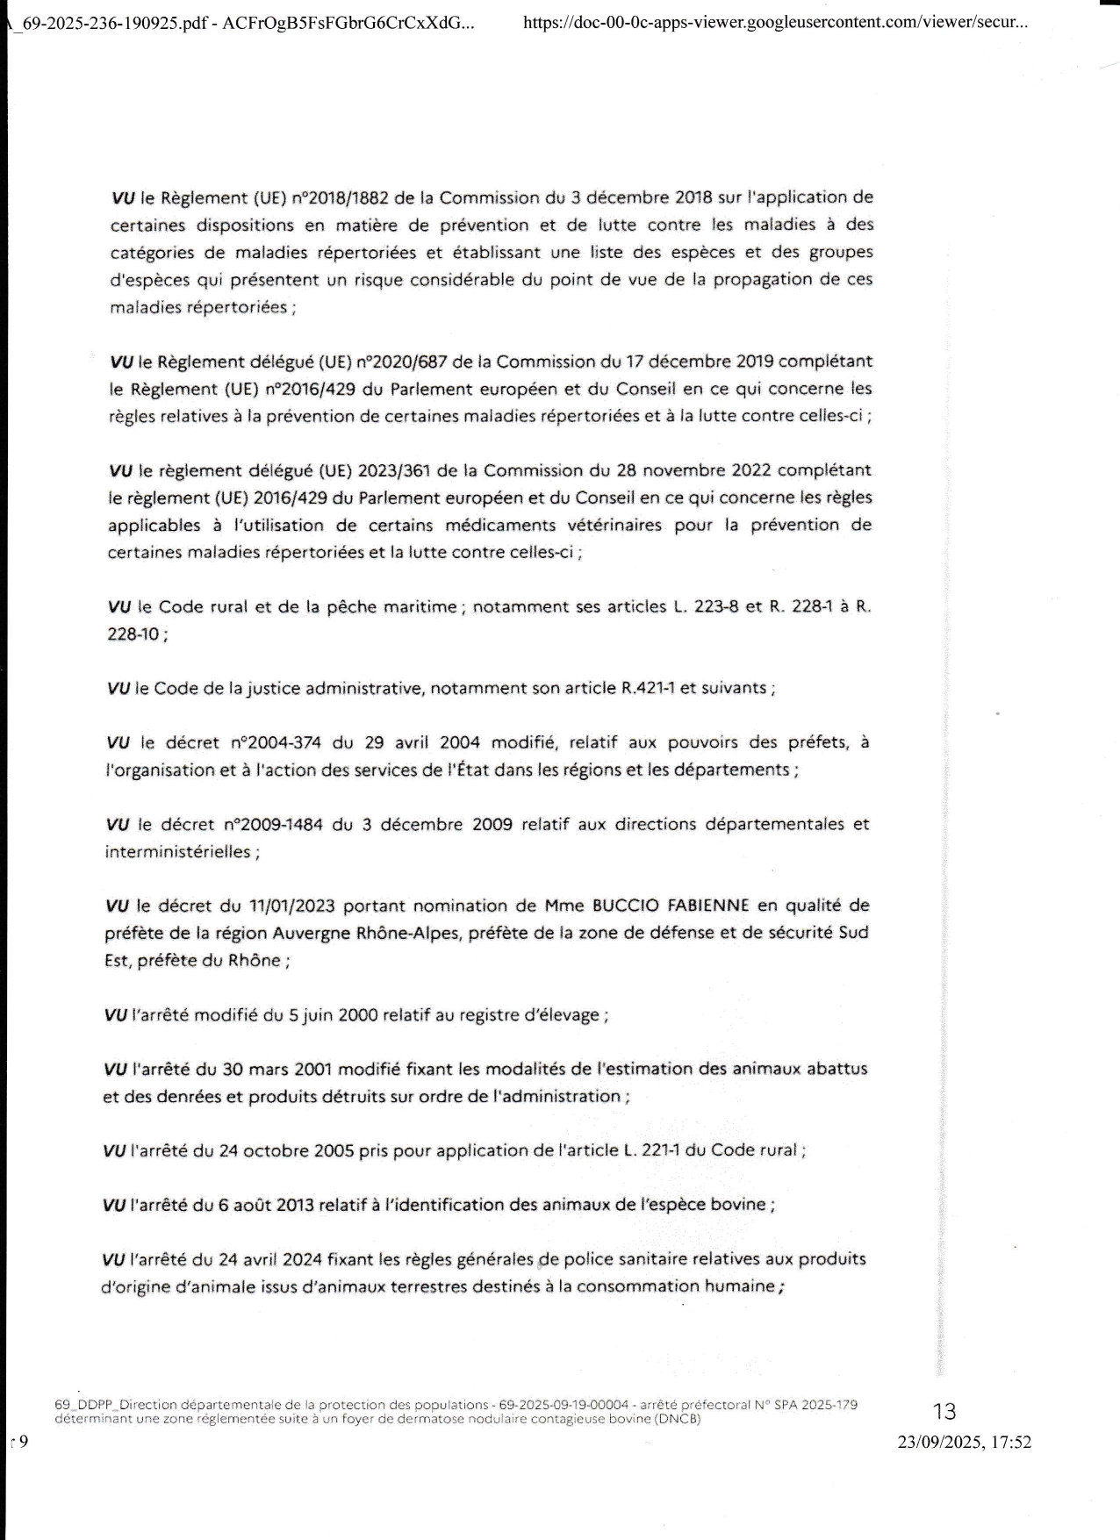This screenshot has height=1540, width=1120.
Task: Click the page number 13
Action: point(944,1411)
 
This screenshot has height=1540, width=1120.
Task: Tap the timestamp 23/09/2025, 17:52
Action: point(964,1442)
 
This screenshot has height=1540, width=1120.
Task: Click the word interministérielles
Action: point(178,852)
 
